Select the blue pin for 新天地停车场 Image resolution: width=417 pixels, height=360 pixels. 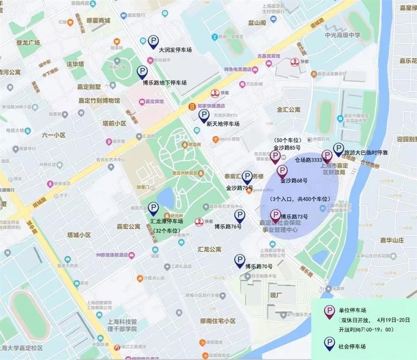pyautogui.click(x=204, y=116)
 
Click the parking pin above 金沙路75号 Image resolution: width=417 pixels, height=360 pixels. pyautogui.click(x=247, y=177)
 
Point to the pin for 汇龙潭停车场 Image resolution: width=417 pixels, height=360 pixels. pyautogui.click(x=153, y=208)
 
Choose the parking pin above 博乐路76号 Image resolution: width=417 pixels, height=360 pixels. pyautogui.click(x=240, y=216)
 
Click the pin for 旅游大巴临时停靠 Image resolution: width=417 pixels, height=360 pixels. pyautogui.click(x=338, y=149)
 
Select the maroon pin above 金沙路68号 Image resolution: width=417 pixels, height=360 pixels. pyautogui.click(x=282, y=171)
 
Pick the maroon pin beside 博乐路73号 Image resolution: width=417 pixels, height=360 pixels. pyautogui.click(x=275, y=216)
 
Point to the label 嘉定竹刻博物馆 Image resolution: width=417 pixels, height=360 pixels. pyautogui.click(x=99, y=101)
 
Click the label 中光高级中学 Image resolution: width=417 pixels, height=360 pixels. pyautogui.click(x=342, y=35)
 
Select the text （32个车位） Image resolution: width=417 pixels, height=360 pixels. pyautogui.click(x=166, y=231)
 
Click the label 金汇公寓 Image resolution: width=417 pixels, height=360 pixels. pyautogui.click(x=289, y=109)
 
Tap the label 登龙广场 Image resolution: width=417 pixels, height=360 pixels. pyautogui.click(x=28, y=43)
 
